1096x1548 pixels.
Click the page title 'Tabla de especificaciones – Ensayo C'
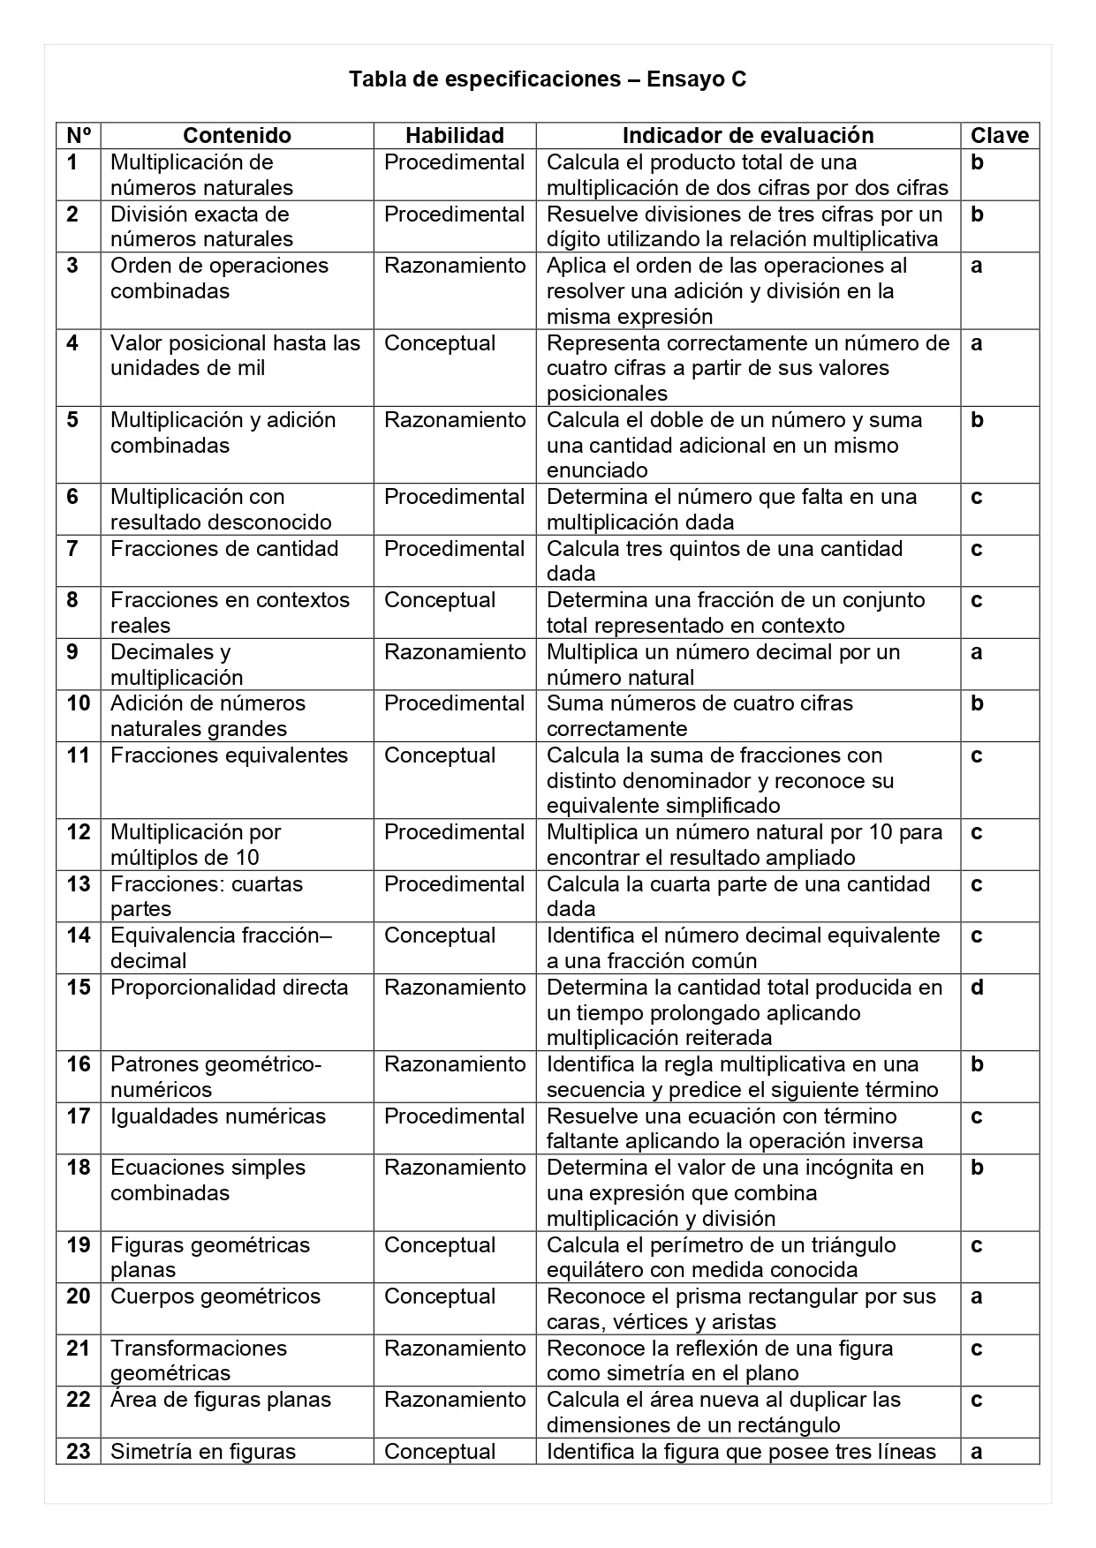pyautogui.click(x=548, y=79)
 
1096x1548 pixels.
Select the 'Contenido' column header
pyautogui.click(x=237, y=135)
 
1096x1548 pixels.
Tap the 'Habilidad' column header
pyautogui.click(x=454, y=135)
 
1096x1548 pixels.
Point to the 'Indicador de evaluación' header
pyautogui.click(x=747, y=135)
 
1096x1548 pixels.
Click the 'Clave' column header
pyautogui.click(x=1000, y=135)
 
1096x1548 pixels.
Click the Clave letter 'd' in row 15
pyautogui.click(x=977, y=988)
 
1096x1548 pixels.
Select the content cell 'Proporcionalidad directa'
pyautogui.click(x=230, y=988)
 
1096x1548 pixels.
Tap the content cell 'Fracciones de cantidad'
pyautogui.click(x=224, y=549)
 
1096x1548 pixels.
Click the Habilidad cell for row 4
pyautogui.click(x=440, y=343)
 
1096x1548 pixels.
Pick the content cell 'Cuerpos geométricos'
pyautogui.click(x=215, y=1296)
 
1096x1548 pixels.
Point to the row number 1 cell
pyautogui.click(x=72, y=162)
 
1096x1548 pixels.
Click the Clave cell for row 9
pyautogui.click(x=977, y=652)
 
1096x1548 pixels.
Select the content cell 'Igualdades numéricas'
pyautogui.click(x=218, y=1116)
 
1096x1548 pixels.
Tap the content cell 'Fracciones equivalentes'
pyautogui.click(x=230, y=755)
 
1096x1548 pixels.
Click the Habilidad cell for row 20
pyautogui.click(x=440, y=1296)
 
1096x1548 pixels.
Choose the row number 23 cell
pyautogui.click(x=79, y=1452)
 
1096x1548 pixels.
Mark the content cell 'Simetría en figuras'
pyautogui.click(x=203, y=1452)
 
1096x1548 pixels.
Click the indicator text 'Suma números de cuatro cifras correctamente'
pyautogui.click(x=699, y=716)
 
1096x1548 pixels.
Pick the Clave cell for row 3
pyautogui.click(x=977, y=266)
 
